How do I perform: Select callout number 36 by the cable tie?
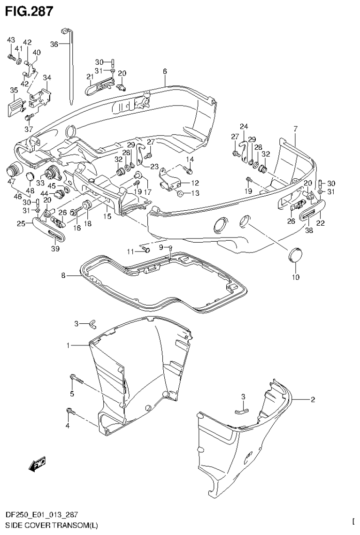(x=54, y=44)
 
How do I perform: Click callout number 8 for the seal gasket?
(x=63, y=276)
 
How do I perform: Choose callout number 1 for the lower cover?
(x=68, y=345)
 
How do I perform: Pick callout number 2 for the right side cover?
(x=313, y=400)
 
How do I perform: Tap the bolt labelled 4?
(x=70, y=412)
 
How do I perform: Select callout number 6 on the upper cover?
(x=165, y=71)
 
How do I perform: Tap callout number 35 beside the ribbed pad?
(x=14, y=90)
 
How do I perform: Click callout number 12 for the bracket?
(x=195, y=183)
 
